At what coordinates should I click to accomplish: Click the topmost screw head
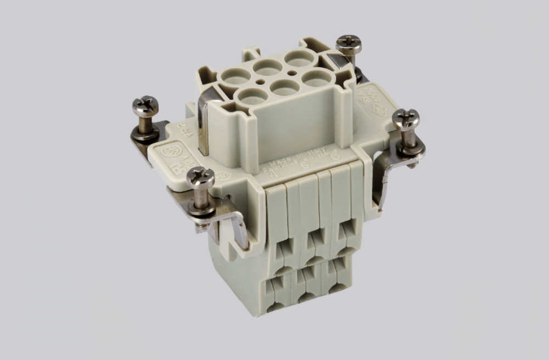(x=349, y=41)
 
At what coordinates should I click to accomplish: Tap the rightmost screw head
(x=406, y=116)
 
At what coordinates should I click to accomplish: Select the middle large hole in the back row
(x=268, y=67)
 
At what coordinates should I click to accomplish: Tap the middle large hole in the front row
(x=285, y=87)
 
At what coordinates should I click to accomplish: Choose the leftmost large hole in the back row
(x=237, y=76)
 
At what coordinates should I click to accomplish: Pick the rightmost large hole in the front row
(x=317, y=77)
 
